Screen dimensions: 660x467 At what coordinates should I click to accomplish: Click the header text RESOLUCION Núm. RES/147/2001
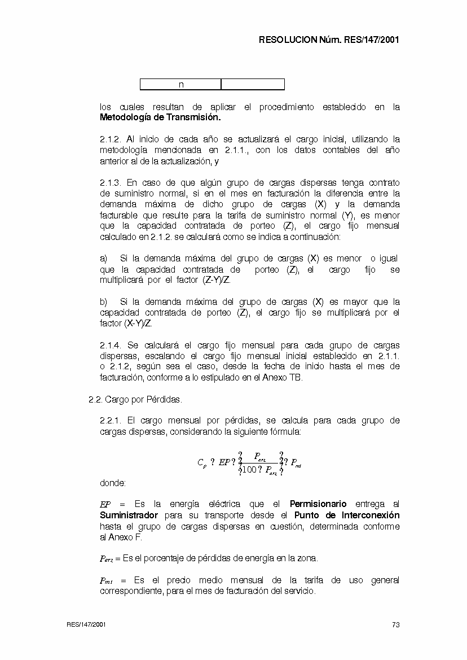pos(329,40)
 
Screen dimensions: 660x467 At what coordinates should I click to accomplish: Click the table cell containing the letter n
pos(180,85)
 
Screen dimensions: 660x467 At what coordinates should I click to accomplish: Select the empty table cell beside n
pos(253,85)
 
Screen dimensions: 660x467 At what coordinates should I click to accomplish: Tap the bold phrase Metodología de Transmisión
pos(160,118)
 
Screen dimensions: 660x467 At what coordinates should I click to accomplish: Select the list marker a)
pos(104,259)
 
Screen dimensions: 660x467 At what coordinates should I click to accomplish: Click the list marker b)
pos(104,301)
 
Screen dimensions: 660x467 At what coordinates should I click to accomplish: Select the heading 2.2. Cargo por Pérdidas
pos(135,399)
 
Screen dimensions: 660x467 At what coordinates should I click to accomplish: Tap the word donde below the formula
pos(113,483)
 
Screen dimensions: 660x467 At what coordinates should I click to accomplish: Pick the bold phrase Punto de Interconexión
pos(347,515)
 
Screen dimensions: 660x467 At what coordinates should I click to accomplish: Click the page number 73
pos(396,624)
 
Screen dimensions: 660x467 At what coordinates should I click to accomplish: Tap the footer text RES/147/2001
pos(86,624)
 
